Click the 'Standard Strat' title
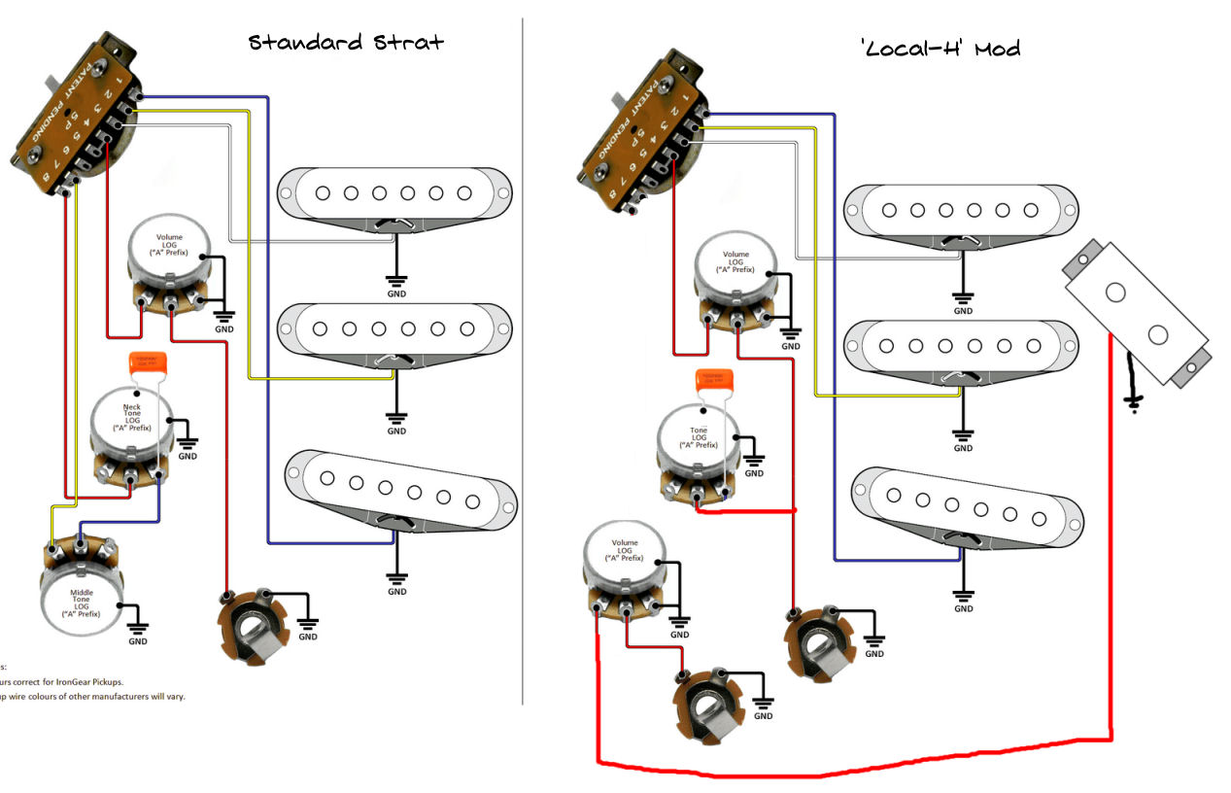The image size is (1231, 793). (346, 43)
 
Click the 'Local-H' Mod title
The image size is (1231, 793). (940, 48)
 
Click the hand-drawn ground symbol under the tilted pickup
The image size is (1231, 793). (1131, 399)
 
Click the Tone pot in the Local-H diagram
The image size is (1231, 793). (697, 447)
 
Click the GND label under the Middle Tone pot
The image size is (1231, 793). (138, 641)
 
